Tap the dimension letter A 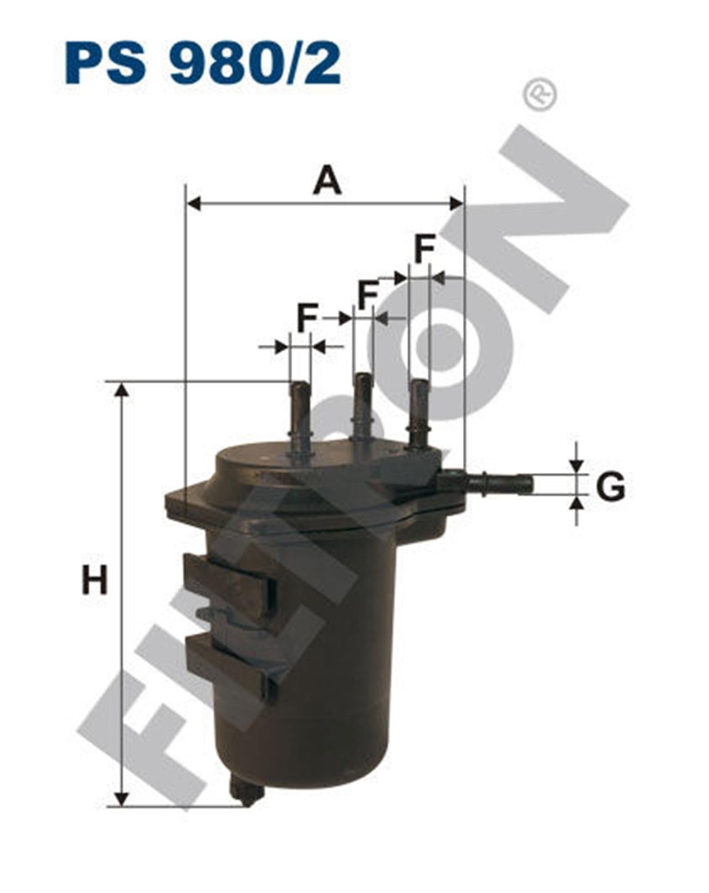(x=327, y=180)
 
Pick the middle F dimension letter (x=368, y=295)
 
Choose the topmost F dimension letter (x=424, y=249)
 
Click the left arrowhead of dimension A (x=194, y=204)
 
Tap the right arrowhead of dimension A (x=456, y=204)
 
